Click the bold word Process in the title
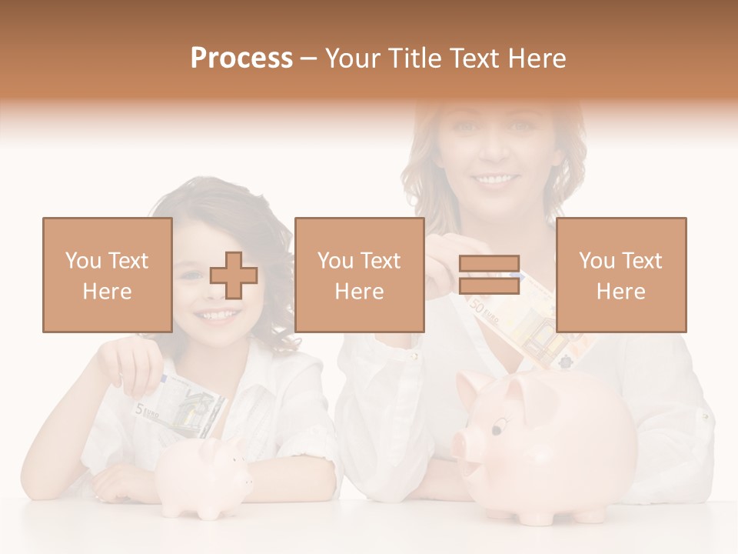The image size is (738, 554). tap(241, 58)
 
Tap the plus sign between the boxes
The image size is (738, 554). tap(234, 275)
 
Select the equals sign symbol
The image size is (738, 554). tap(490, 275)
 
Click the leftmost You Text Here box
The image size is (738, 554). tap(108, 275)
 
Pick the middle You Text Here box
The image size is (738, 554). tap(359, 275)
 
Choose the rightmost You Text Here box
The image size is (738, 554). tap(620, 275)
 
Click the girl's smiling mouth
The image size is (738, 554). tap(218, 315)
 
